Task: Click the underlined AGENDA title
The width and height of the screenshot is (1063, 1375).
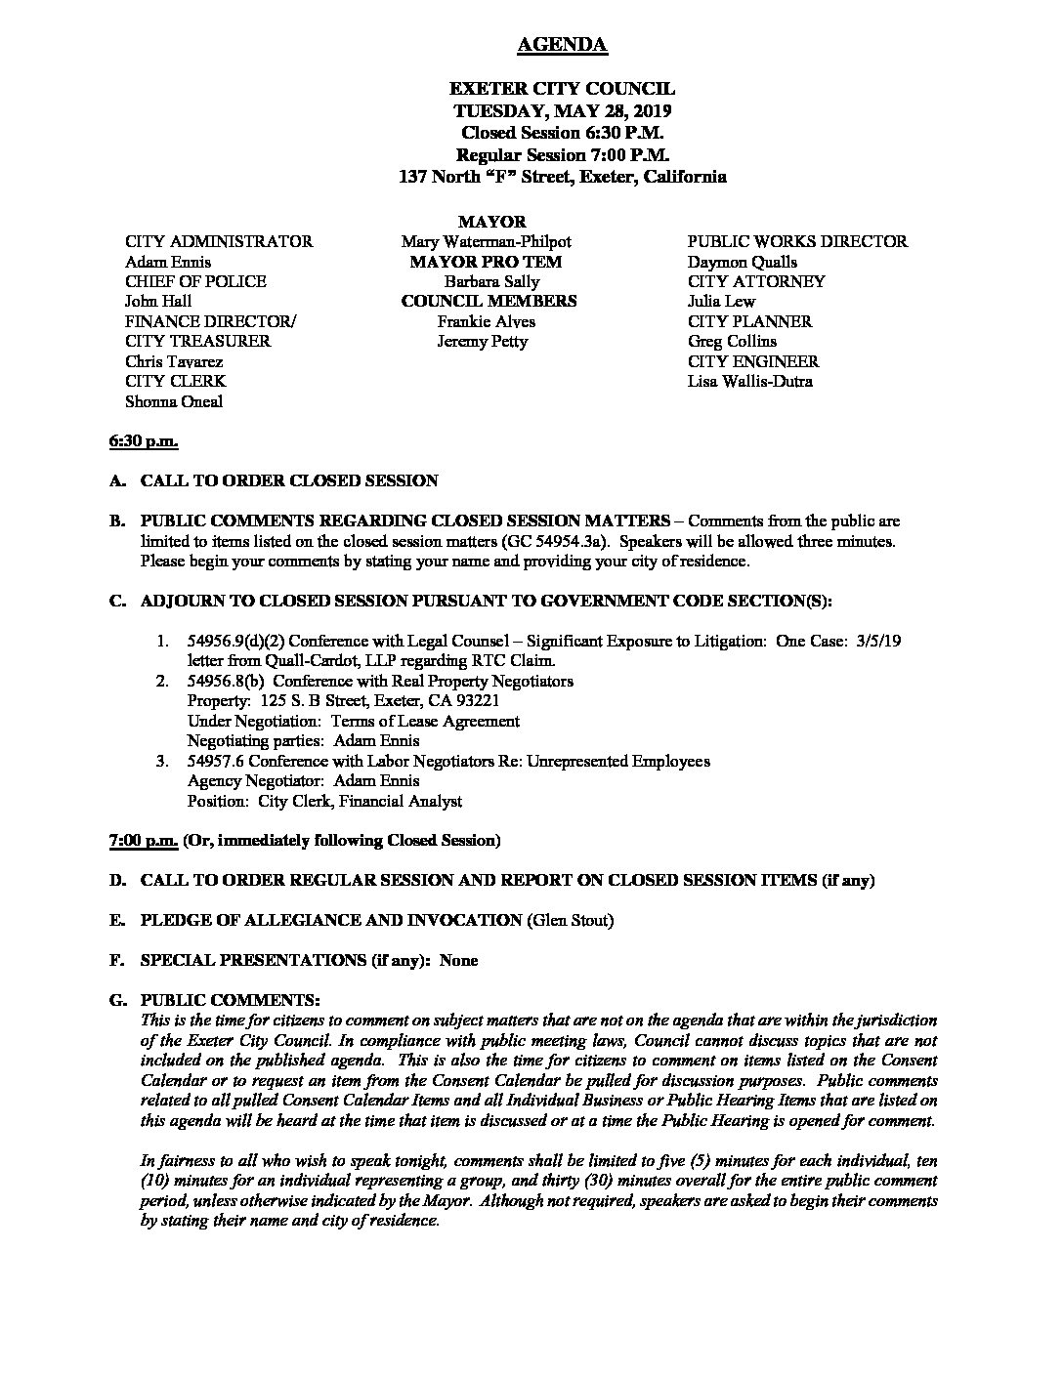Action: pos(561,45)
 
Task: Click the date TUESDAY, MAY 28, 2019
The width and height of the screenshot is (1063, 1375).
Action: pos(561,110)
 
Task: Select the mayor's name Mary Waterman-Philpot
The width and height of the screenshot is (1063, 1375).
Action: pos(486,241)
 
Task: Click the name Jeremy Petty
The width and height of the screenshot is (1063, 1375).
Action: pos(483,342)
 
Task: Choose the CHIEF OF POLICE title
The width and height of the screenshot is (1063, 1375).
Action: pos(195,281)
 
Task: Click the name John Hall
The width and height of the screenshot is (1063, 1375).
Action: pos(158,302)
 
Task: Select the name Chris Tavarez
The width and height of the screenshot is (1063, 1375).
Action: pos(174,361)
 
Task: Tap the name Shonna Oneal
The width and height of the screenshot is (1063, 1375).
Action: pos(174,401)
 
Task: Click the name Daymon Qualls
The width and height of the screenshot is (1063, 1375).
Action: pos(743,262)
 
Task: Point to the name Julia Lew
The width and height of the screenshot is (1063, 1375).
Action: pos(721,302)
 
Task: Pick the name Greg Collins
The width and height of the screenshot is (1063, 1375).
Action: pos(732,342)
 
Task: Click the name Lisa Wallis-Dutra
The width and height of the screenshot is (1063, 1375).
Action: pos(749,382)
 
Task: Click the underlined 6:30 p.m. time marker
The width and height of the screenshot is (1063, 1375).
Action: pos(143,441)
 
